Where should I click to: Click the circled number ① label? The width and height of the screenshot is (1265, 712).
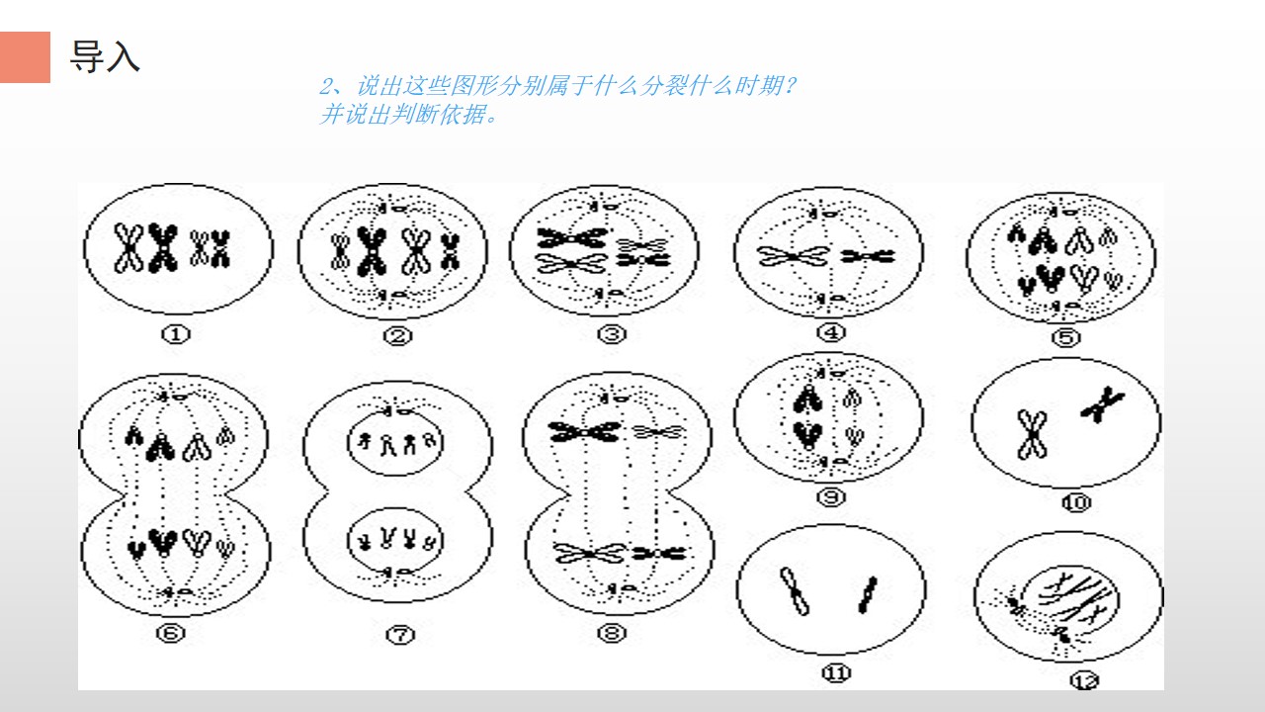[x=176, y=334]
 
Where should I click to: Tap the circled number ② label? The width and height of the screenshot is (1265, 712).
[x=397, y=336]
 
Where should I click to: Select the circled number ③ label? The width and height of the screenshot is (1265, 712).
[x=612, y=334]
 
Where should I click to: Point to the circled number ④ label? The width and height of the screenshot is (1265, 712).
[x=831, y=332]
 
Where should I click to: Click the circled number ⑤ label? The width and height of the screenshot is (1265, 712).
[x=1066, y=338]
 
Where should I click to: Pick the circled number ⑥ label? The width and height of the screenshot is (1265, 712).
[x=171, y=633]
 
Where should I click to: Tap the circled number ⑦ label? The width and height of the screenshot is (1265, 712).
[x=400, y=635]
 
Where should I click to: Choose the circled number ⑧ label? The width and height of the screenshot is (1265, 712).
[x=612, y=633]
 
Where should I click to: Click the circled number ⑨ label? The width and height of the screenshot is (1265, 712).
[x=831, y=497]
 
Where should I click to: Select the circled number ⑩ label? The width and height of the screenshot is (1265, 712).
[x=1076, y=502]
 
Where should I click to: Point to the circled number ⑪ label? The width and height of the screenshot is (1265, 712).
[x=836, y=673]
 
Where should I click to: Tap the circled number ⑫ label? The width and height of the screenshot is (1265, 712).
[x=1085, y=681]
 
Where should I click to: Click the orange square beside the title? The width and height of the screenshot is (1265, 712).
[x=25, y=57]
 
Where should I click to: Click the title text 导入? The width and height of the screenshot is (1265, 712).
[x=105, y=56]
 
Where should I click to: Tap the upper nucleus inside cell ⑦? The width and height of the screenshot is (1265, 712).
[x=394, y=443]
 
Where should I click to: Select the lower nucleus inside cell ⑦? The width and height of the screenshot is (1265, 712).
[x=394, y=540]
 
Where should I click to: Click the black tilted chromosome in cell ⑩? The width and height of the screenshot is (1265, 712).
[x=1102, y=404]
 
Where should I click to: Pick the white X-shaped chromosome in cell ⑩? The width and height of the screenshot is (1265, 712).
[x=1033, y=434]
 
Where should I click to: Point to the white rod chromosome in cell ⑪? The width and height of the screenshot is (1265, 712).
[x=795, y=591]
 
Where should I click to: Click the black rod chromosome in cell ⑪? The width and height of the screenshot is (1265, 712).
[x=868, y=594]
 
